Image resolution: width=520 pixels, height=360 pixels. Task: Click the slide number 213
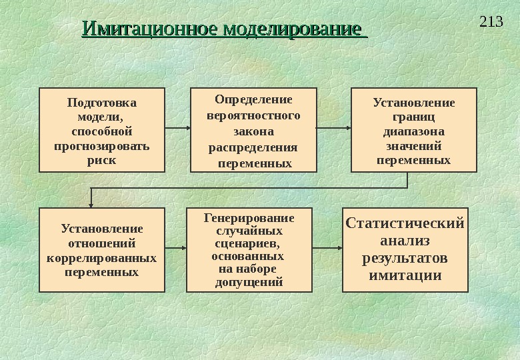[x=491, y=23]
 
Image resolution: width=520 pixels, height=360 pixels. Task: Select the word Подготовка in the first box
[x=102, y=103]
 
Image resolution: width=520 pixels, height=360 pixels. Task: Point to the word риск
[x=101, y=160]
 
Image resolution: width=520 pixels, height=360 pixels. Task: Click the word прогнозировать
[x=102, y=146]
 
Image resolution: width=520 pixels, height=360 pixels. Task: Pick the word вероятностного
[x=253, y=115]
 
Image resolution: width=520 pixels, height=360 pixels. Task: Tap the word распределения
[x=253, y=147]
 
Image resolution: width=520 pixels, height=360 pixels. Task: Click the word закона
[x=253, y=131]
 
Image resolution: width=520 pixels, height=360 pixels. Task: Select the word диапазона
[x=413, y=131]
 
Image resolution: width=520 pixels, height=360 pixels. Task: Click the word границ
[x=413, y=117]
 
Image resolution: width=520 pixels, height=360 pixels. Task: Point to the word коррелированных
[x=102, y=257]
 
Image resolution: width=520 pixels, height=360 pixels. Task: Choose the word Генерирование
[x=249, y=218]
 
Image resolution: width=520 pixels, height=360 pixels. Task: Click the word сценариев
[x=249, y=243]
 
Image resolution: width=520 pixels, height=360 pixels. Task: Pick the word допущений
[x=249, y=282]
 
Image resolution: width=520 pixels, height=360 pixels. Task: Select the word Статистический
[x=405, y=223]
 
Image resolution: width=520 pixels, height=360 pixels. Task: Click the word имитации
[x=405, y=275]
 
